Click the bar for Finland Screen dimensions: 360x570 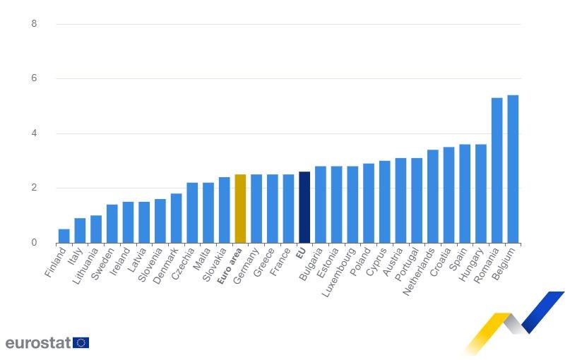[x=64, y=236]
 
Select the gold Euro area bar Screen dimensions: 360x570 [x=240, y=208]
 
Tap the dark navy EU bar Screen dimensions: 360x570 [x=304, y=207]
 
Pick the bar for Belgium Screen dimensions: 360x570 [x=513, y=169]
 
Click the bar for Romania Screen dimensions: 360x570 [x=497, y=170]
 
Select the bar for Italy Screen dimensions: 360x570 [x=80, y=230]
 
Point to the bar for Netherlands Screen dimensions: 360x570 [x=432, y=196]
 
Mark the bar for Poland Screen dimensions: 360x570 [x=369, y=203]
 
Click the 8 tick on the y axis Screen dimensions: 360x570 [x=34, y=24]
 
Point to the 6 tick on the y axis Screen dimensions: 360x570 [x=34, y=78]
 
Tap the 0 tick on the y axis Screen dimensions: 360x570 [x=34, y=243]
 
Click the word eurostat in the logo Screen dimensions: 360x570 [x=37, y=343]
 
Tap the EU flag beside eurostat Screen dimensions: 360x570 [x=81, y=343]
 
